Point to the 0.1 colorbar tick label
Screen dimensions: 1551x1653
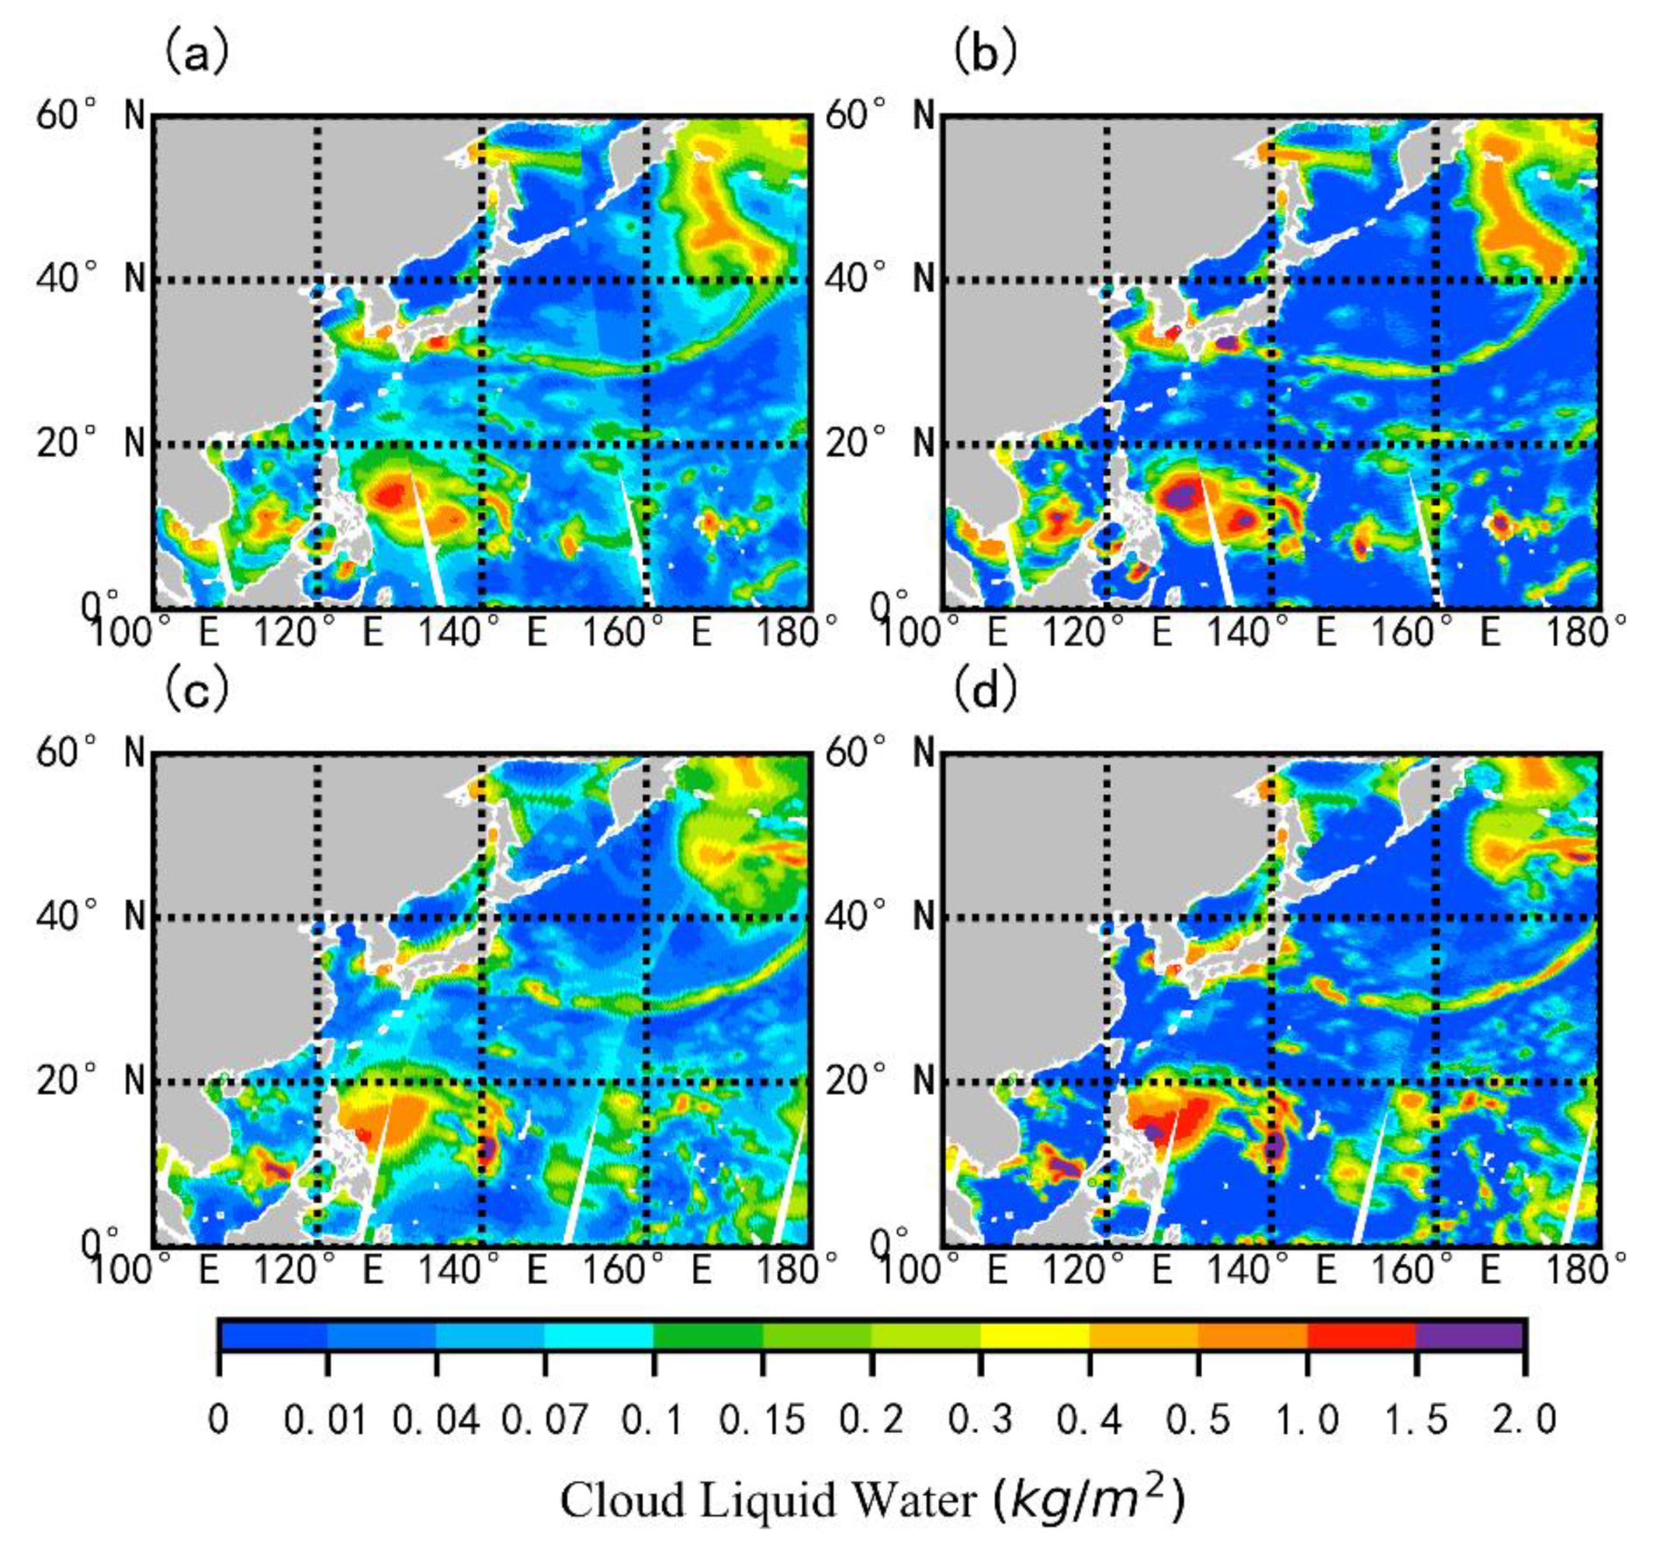pyautogui.click(x=653, y=1420)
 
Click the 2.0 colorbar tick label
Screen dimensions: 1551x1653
pyautogui.click(x=1524, y=1420)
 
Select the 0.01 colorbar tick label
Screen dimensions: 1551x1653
pyautogui.click(x=326, y=1420)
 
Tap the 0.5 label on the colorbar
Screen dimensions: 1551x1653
pyautogui.click(x=1197, y=1420)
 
